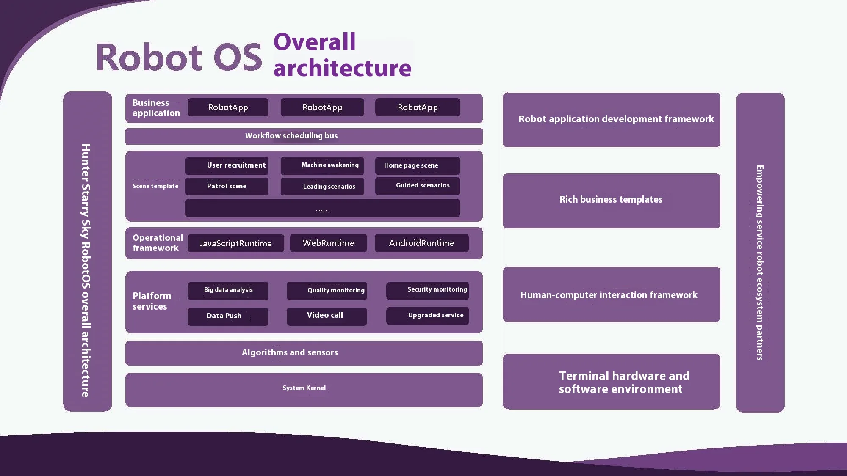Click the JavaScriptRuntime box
point(235,243)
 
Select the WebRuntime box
point(328,243)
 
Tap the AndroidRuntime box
point(421,243)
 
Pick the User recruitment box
point(227,165)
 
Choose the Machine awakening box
point(322,165)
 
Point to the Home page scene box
point(417,165)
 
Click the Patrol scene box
point(227,186)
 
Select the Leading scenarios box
point(322,187)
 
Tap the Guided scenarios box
point(417,186)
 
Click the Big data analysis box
point(228,290)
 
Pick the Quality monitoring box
point(327,291)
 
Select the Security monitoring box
point(427,290)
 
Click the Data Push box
point(228,316)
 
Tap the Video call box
point(327,316)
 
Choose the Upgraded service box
point(427,316)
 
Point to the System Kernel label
point(304,388)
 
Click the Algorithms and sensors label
point(290,352)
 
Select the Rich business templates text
point(611,200)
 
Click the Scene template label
point(155,186)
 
